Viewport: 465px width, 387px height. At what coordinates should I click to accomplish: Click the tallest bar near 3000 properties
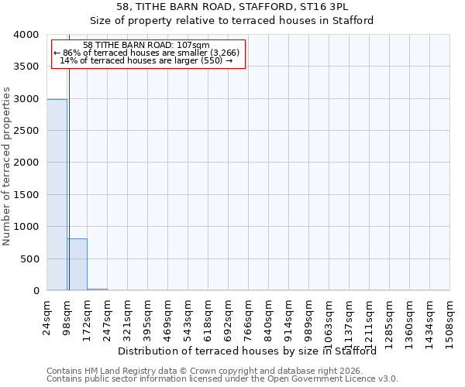(57, 194)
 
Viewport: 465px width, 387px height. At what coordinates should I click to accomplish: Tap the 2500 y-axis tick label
(26, 131)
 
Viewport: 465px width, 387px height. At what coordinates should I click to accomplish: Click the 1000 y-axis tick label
(26, 227)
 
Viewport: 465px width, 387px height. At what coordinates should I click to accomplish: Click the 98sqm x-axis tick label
(67, 315)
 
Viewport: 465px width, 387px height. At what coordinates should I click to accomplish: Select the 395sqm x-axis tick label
(148, 317)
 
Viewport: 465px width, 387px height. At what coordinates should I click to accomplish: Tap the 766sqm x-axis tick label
(249, 317)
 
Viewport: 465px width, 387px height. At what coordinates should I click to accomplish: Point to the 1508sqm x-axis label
(450, 320)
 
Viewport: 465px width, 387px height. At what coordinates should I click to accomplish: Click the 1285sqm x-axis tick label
(390, 320)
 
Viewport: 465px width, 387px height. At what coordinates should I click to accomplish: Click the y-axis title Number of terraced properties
(7, 166)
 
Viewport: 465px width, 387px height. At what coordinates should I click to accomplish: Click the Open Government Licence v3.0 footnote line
(222, 378)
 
